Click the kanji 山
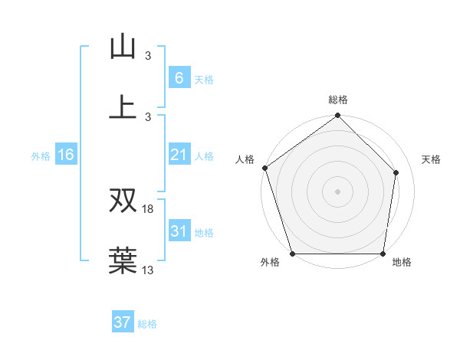click(123, 47)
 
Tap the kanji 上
click(123, 106)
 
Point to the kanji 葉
click(123, 260)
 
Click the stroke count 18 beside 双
click(148, 209)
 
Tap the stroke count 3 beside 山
click(148, 56)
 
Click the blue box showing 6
click(179, 77)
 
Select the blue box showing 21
click(179, 155)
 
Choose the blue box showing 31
click(179, 231)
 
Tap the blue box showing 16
click(66, 155)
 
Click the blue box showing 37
click(123, 322)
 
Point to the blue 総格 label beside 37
click(147, 324)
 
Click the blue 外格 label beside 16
click(41, 156)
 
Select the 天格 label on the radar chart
click(432, 159)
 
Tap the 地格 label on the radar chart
click(402, 263)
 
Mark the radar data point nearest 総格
click(337, 116)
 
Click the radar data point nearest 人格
click(264, 168)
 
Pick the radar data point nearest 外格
click(292, 254)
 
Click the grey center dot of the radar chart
click(337, 191)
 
